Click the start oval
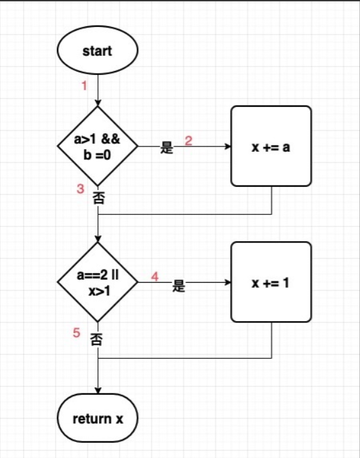pyautogui.click(x=98, y=50)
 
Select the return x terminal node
pyautogui.click(x=98, y=418)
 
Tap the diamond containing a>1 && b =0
pyautogui.click(x=98, y=146)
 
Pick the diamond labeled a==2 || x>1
pyautogui.click(x=98, y=282)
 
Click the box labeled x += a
pyautogui.click(x=271, y=146)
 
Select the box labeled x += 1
pyautogui.click(x=271, y=282)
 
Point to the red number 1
pyautogui.click(x=84, y=86)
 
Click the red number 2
pyautogui.click(x=189, y=141)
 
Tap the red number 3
pyautogui.click(x=81, y=189)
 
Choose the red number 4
pyautogui.click(x=155, y=276)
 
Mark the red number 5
pyautogui.click(x=76, y=333)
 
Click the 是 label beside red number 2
pyautogui.click(x=167, y=147)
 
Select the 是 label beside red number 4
pyautogui.click(x=178, y=285)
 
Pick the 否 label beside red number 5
pyautogui.click(x=97, y=340)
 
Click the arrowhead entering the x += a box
pyautogui.click(x=228, y=146)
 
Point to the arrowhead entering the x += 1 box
pyautogui.click(x=228, y=282)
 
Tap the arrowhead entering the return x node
pyautogui.click(x=98, y=391)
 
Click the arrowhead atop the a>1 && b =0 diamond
pyautogui.click(x=98, y=103)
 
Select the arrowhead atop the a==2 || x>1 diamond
pyautogui.click(x=98, y=239)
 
